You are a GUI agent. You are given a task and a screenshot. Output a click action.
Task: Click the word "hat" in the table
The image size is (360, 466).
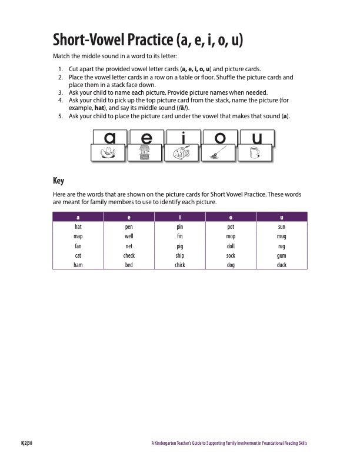(78, 226)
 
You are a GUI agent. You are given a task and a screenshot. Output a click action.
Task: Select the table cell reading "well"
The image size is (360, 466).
(129, 236)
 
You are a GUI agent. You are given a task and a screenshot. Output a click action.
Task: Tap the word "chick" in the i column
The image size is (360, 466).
(179, 265)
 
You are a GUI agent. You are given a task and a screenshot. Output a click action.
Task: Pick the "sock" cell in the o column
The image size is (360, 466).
(231, 256)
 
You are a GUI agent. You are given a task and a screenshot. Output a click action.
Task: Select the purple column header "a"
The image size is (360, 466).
(78, 217)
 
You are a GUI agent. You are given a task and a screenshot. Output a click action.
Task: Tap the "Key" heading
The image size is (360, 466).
(58, 181)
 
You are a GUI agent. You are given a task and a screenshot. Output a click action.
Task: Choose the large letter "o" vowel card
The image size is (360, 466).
(220, 138)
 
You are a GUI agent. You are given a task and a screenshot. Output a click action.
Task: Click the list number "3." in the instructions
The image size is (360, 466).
(61, 92)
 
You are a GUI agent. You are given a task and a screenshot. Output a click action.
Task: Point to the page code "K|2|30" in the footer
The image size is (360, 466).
(26, 443)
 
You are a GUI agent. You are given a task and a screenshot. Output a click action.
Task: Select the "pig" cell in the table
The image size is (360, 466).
(179, 246)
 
